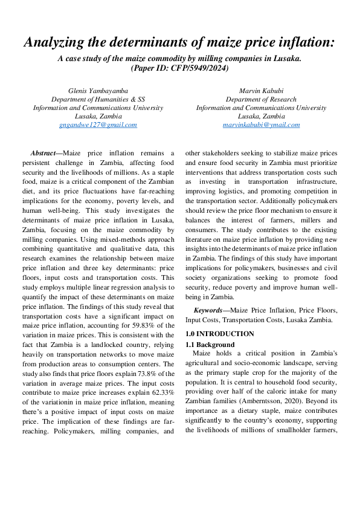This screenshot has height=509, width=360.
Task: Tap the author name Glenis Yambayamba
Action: click(98, 91)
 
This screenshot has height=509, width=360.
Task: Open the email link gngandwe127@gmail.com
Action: click(98, 125)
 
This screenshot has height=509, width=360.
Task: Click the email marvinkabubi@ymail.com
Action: click(261, 125)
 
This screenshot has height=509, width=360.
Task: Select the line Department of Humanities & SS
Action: click(98, 99)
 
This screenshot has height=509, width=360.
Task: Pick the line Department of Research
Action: click(261, 99)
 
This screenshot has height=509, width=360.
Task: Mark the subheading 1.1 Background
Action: click(210, 344)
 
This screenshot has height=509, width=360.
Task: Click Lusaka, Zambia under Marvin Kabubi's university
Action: click(261, 116)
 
